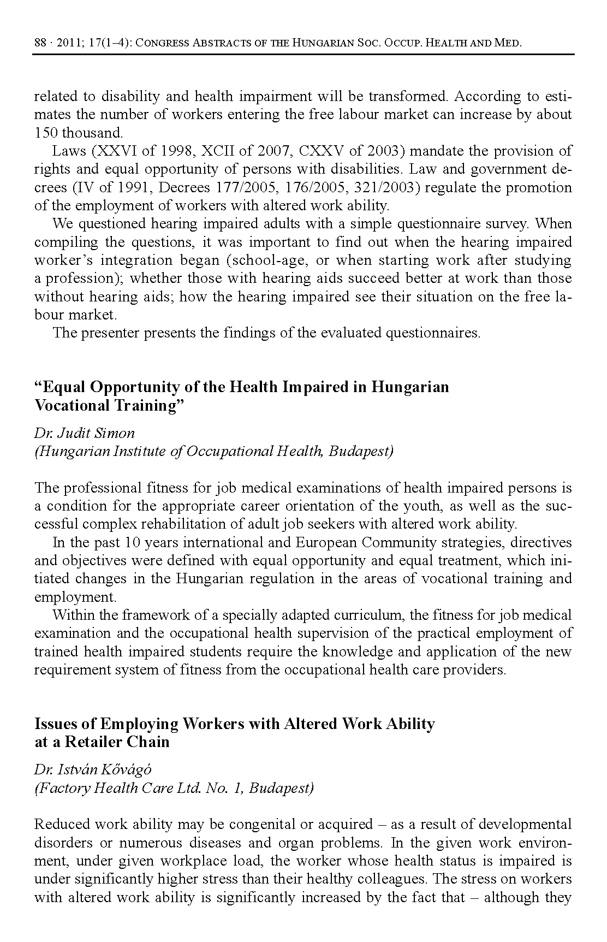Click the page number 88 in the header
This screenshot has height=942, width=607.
pos(40,43)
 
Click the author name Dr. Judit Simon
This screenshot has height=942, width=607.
pos(85,433)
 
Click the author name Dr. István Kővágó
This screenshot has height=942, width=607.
pos(93,769)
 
